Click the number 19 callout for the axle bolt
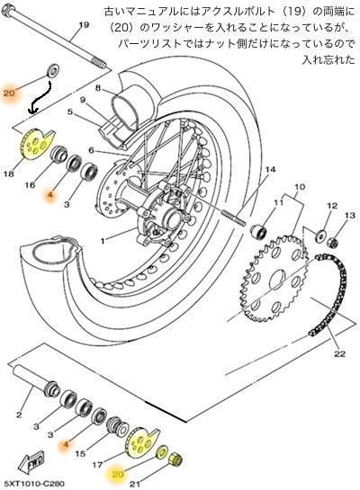tap(84, 24)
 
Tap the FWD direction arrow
tap(31, 462)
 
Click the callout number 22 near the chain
tap(339, 353)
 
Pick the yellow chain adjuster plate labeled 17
tap(142, 441)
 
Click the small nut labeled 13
tap(333, 242)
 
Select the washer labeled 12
tap(319, 235)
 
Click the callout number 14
tap(270, 170)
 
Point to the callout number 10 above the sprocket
tap(300, 187)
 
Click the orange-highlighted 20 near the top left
tap(9, 93)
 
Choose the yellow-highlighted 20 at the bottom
tap(118, 474)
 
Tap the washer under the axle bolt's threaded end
tap(53, 71)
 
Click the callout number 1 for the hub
tap(103, 241)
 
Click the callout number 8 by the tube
tap(98, 88)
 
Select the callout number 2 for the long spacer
tap(19, 414)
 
